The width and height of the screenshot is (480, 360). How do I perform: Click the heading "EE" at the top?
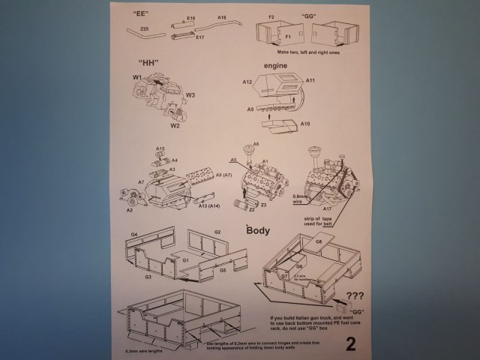click(x=139, y=14)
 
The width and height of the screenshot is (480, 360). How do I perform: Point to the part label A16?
click(x=222, y=16)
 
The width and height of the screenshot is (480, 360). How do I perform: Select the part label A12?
click(x=247, y=80)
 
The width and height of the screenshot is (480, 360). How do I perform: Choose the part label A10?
click(x=305, y=123)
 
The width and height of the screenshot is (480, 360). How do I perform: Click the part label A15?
click(x=160, y=149)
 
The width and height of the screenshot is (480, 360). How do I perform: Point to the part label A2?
click(x=130, y=211)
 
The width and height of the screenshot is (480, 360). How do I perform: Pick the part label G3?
click(x=148, y=277)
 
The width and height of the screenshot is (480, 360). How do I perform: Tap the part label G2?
click(x=217, y=232)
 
